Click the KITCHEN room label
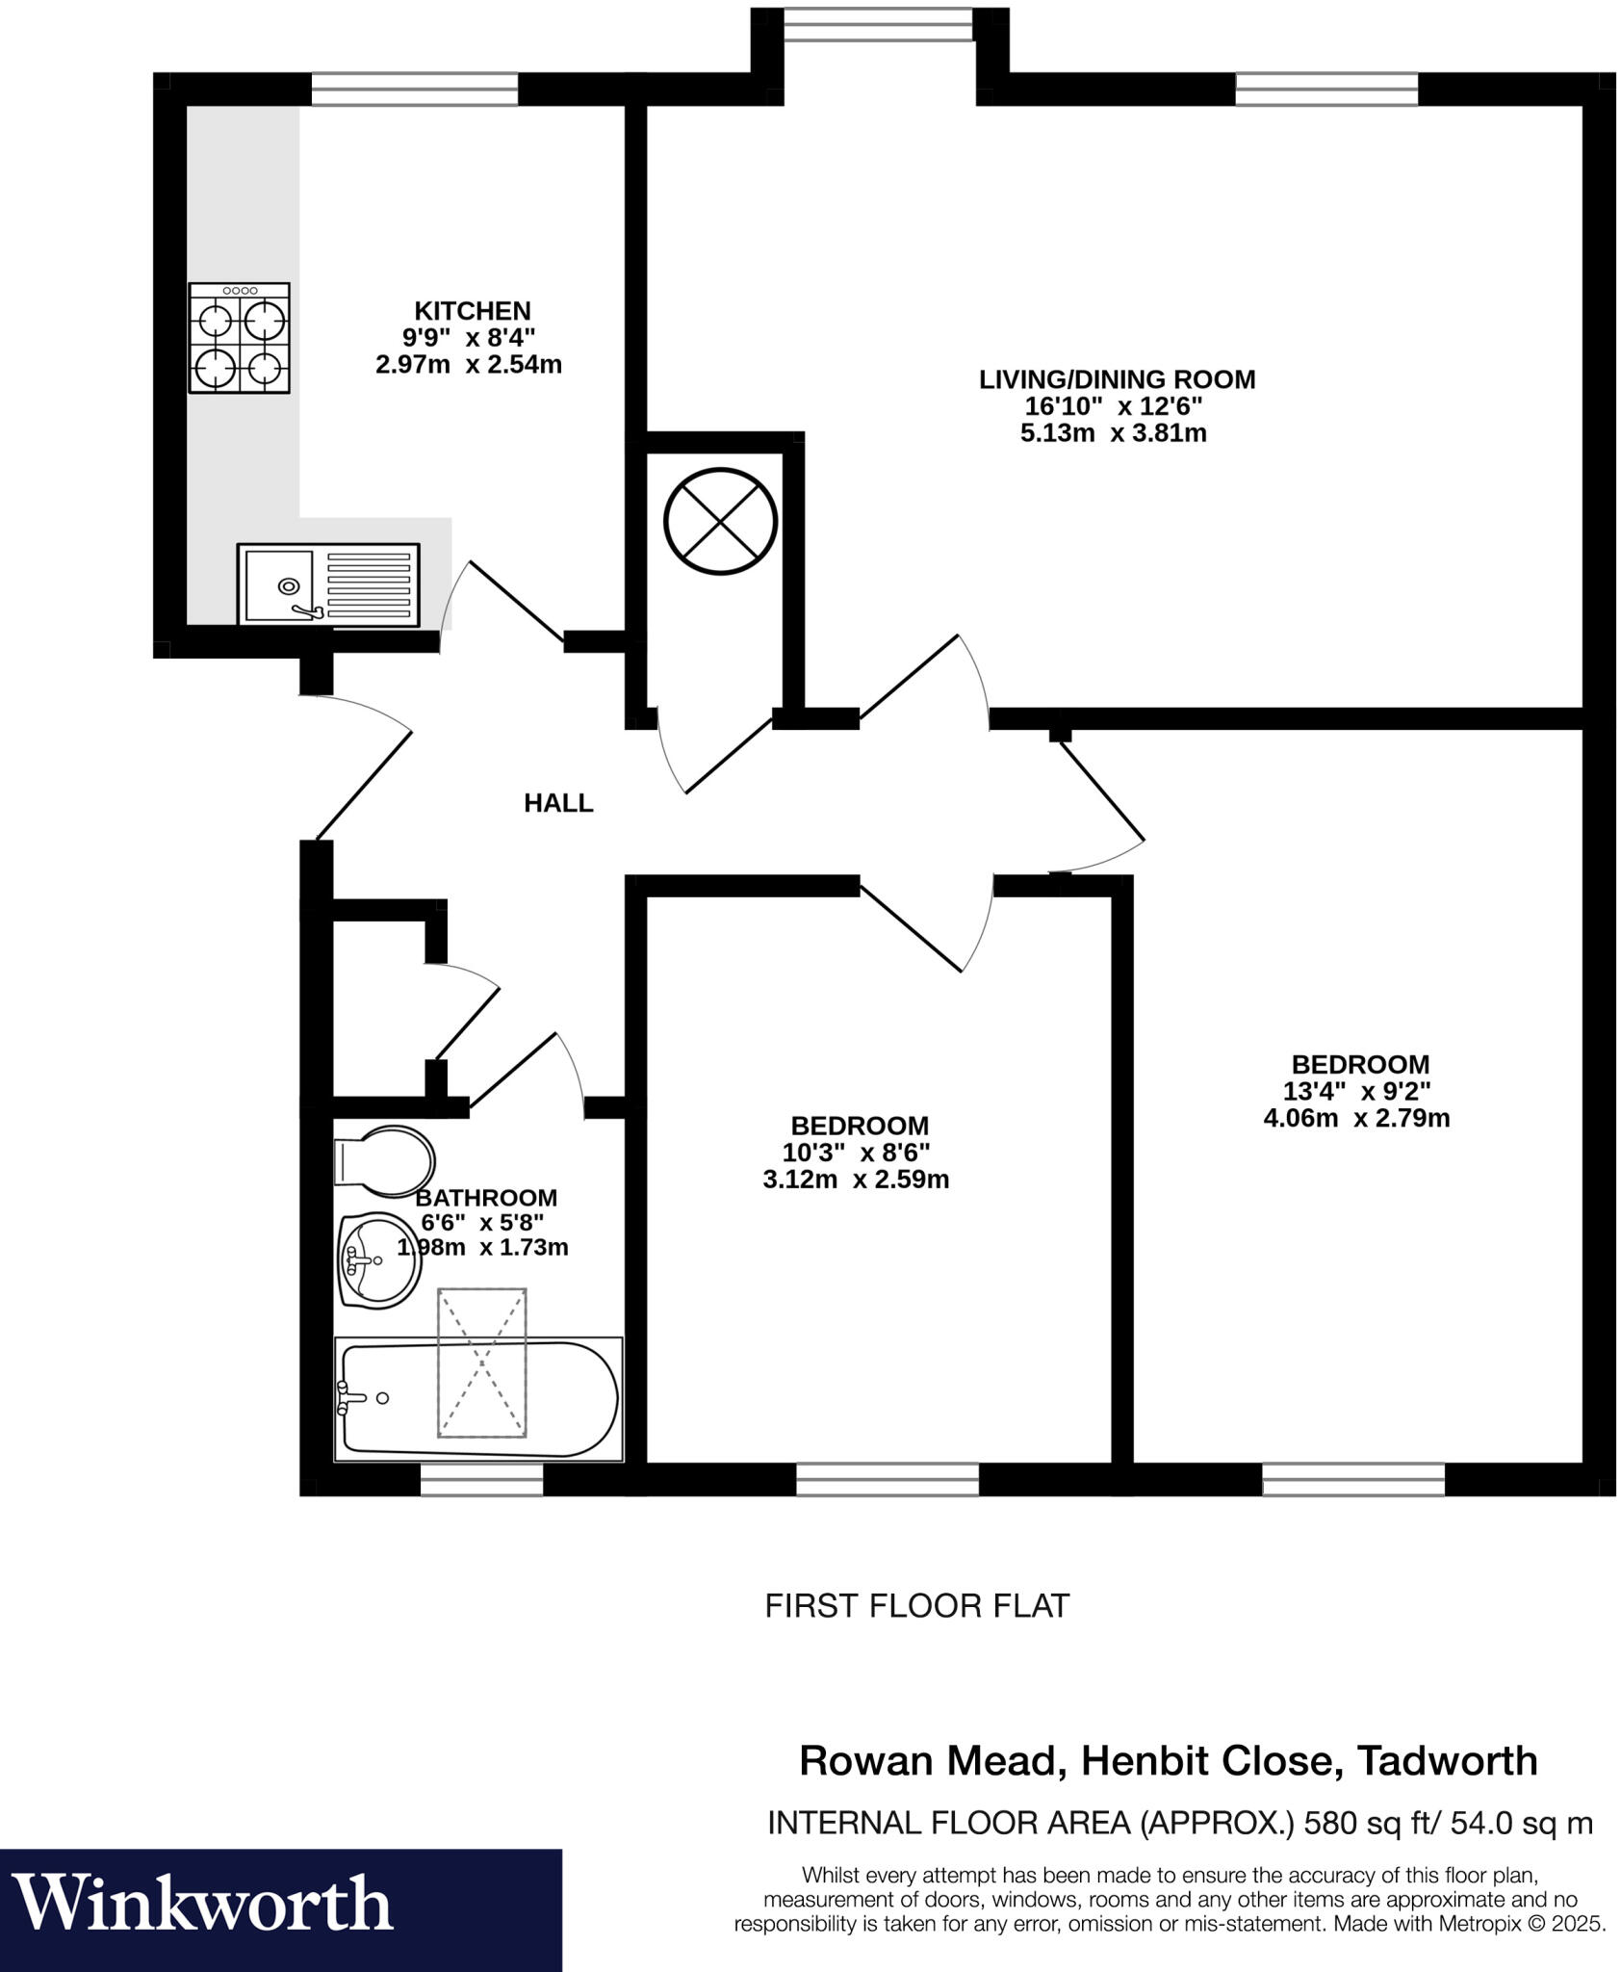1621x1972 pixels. click(x=472, y=311)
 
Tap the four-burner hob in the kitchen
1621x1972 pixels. click(x=240, y=338)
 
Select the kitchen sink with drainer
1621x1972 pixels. click(x=328, y=584)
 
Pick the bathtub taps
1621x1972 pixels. click(x=346, y=1397)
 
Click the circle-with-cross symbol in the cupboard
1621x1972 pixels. click(x=719, y=521)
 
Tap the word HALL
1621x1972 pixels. click(x=558, y=803)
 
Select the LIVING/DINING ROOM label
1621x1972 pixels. click(x=1117, y=379)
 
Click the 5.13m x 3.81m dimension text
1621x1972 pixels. click(x=1113, y=433)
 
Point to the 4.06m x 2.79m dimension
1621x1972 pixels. click(x=1355, y=1119)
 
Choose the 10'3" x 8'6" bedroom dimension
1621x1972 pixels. click(x=854, y=1153)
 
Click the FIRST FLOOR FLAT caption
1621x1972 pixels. click(x=916, y=1605)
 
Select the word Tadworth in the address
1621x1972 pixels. click(x=1447, y=1761)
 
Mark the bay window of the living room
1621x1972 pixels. click(x=879, y=25)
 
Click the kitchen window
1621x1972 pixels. click(x=415, y=90)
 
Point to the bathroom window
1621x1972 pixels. click(x=481, y=1480)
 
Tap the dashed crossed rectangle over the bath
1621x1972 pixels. click(x=482, y=1362)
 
